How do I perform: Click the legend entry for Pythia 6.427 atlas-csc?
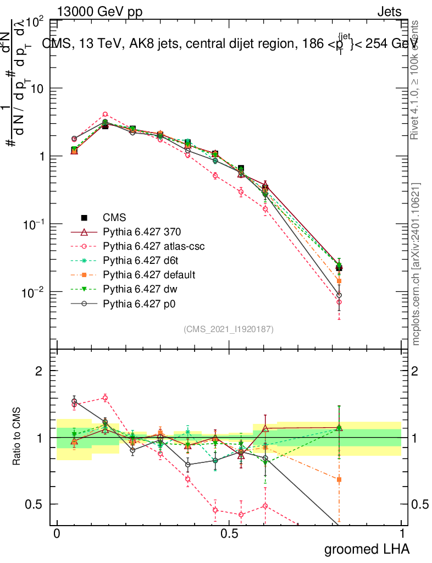click(x=150, y=246)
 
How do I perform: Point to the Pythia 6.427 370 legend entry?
click(x=143, y=232)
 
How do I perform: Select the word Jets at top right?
click(x=389, y=12)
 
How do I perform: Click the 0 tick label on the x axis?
click(x=57, y=534)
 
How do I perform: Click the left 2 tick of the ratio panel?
click(x=38, y=371)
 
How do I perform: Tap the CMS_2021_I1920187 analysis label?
click(x=229, y=329)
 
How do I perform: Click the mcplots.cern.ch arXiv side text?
click(x=416, y=264)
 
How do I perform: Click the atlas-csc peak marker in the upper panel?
click(x=105, y=115)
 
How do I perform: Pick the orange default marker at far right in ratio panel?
click(x=339, y=479)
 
